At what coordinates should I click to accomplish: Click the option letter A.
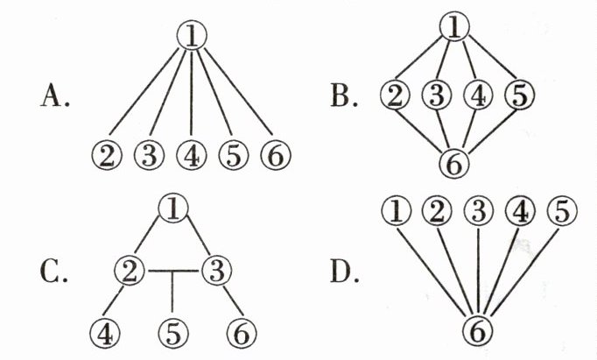[54, 96]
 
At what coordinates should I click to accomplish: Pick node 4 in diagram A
[191, 155]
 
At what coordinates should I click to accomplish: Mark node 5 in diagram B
[518, 95]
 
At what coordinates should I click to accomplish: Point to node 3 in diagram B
[434, 95]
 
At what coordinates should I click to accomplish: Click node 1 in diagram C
[173, 208]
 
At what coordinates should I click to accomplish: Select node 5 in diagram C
[172, 332]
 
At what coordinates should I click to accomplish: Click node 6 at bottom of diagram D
[478, 330]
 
